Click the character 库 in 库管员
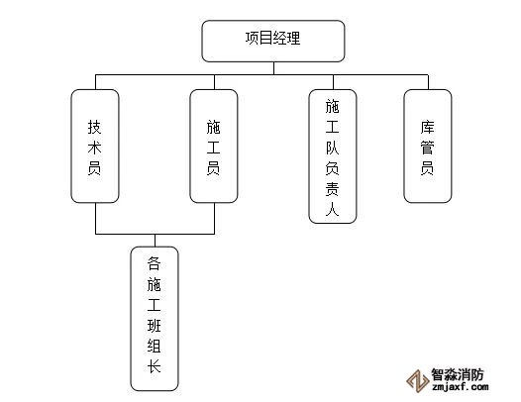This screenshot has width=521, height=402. coord(427,127)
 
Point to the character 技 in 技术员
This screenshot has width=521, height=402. coord(95,127)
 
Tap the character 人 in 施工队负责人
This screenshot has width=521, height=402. coord(332,210)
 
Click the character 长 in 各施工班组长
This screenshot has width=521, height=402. coord(155,366)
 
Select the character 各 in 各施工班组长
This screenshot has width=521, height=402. coord(155,263)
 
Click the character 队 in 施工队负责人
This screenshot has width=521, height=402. coord(332,148)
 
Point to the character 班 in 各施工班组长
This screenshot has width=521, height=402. coord(155,325)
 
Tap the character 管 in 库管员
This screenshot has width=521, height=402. coord(427,148)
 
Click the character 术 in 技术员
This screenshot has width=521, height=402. coord(95,148)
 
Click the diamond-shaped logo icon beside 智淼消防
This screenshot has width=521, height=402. coord(418,381)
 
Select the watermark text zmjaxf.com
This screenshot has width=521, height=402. coord(461,387)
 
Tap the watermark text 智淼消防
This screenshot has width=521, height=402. coord(458,374)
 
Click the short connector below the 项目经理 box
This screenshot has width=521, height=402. coord(273,68)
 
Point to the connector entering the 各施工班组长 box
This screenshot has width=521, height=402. coord(156,241)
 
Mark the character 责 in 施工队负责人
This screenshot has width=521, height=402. coord(332,189)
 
